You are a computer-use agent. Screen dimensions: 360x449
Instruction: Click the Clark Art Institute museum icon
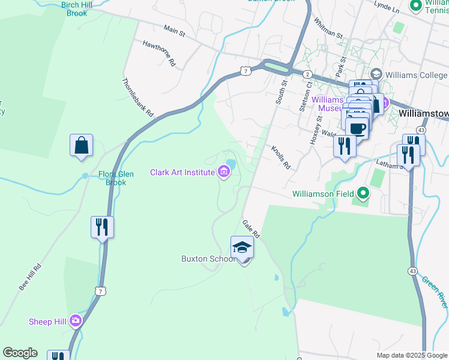[x=224, y=173]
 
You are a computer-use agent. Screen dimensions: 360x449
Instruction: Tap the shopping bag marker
[x=81, y=146]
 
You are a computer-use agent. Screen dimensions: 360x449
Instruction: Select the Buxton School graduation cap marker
[x=242, y=247]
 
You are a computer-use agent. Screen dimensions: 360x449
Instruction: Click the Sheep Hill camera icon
[x=75, y=320]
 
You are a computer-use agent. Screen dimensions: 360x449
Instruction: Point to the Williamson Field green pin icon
[x=363, y=193]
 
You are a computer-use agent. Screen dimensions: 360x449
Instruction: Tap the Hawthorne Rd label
[x=158, y=53]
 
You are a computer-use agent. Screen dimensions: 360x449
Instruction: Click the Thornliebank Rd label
[x=138, y=97]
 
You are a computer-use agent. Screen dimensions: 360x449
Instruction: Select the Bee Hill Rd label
[x=29, y=277]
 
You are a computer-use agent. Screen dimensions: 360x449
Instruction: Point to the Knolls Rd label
[x=280, y=157]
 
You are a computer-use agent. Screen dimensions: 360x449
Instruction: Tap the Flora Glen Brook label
[x=116, y=178]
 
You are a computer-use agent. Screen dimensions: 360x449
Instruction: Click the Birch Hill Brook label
[x=77, y=8]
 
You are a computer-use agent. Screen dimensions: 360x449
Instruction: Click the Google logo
[x=20, y=353]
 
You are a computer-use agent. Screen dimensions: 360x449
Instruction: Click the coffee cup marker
[x=357, y=128]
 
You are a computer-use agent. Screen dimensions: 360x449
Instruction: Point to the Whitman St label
[x=328, y=28]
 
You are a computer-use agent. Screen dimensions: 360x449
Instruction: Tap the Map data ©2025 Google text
[x=411, y=355]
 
